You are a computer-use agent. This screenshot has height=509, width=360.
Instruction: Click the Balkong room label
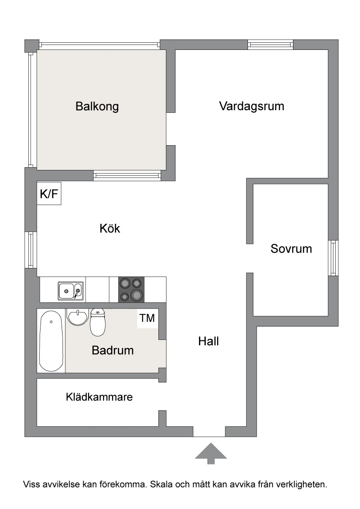97,107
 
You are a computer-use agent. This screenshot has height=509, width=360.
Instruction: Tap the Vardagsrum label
252,106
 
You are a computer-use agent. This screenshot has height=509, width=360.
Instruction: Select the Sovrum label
291,249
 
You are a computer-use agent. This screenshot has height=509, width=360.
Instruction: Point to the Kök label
110,228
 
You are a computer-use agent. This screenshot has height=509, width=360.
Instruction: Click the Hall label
209,341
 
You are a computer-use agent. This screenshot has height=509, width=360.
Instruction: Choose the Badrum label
113,350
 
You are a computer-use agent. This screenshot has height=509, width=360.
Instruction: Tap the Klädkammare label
99,397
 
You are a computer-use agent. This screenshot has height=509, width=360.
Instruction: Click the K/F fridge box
49,194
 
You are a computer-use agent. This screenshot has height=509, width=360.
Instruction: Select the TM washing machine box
148,318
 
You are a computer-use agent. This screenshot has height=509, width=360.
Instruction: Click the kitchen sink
71,290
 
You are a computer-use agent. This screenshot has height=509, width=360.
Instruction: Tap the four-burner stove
131,290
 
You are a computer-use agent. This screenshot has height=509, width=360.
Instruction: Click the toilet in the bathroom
98,322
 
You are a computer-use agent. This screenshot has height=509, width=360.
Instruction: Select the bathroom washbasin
78,317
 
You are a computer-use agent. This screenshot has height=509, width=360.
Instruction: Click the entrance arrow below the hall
211,453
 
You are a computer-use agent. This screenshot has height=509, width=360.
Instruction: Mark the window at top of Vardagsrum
270,45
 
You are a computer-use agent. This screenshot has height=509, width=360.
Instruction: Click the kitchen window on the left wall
31,250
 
